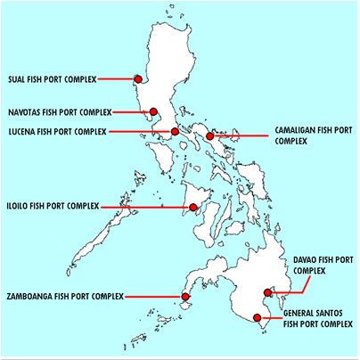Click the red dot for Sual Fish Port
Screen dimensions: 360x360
point(138,78)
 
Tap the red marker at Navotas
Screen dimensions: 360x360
point(152,112)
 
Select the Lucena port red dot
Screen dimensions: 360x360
point(175,132)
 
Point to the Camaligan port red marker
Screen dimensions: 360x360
point(210,136)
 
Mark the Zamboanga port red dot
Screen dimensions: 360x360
point(185,296)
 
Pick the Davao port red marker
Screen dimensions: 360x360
point(268,293)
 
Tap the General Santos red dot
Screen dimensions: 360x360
point(258,317)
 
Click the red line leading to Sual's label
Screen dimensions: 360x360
point(116,79)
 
